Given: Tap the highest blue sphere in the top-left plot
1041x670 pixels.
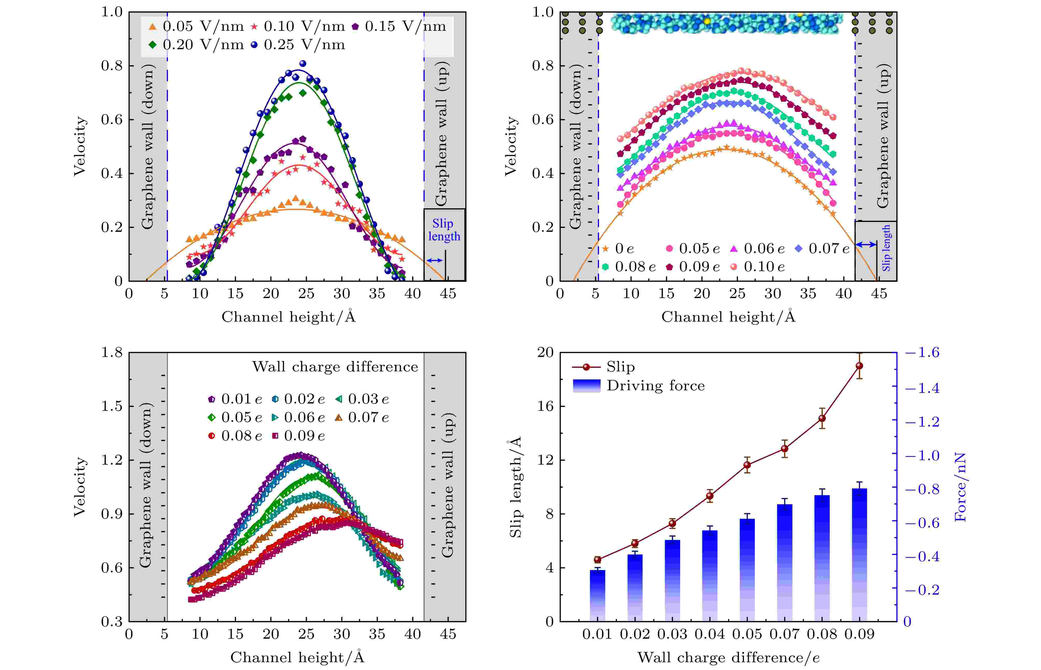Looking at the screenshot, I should [x=303, y=63].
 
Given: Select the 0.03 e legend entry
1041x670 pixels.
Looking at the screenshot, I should [x=362, y=399].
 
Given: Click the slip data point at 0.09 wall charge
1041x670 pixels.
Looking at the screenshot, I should [x=859, y=366].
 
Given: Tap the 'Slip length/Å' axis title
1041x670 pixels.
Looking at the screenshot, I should [x=516, y=487].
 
